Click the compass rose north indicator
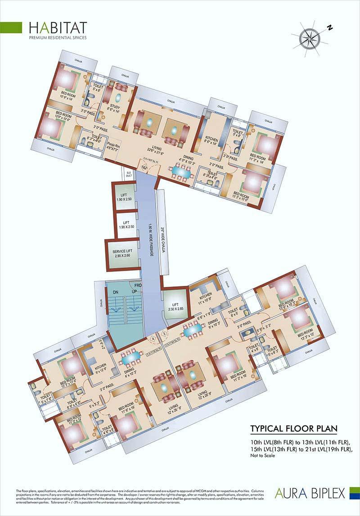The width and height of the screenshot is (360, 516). point(330,28)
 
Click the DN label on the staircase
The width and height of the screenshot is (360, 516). point(116,292)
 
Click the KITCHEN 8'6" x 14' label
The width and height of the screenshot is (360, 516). point(211,142)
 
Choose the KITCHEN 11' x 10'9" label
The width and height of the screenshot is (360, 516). point(206,297)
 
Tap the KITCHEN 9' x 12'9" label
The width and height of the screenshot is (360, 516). point(100,368)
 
